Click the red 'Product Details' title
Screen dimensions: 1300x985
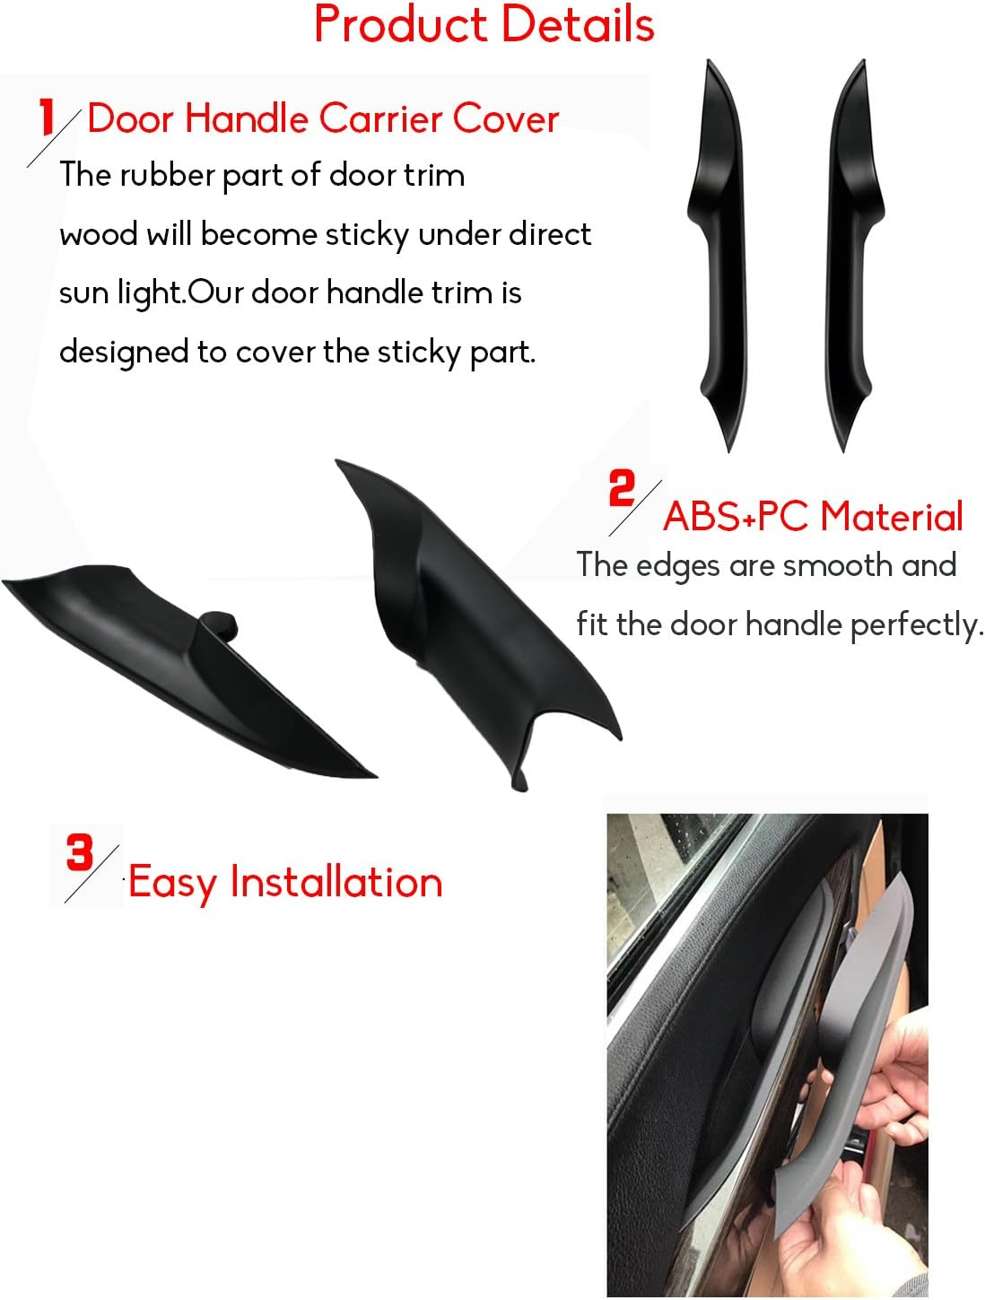pos(484,24)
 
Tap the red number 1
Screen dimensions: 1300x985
pos(46,118)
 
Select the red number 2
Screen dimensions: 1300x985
pos(621,489)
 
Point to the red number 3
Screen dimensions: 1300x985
pos(80,851)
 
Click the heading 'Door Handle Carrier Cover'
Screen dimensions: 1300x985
pos(323,119)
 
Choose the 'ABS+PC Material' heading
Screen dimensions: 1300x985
pos(813,517)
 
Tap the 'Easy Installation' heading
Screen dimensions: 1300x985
pos(285,882)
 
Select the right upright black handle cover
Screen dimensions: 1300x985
pos(850,251)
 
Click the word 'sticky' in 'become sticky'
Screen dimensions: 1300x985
pos(367,235)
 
